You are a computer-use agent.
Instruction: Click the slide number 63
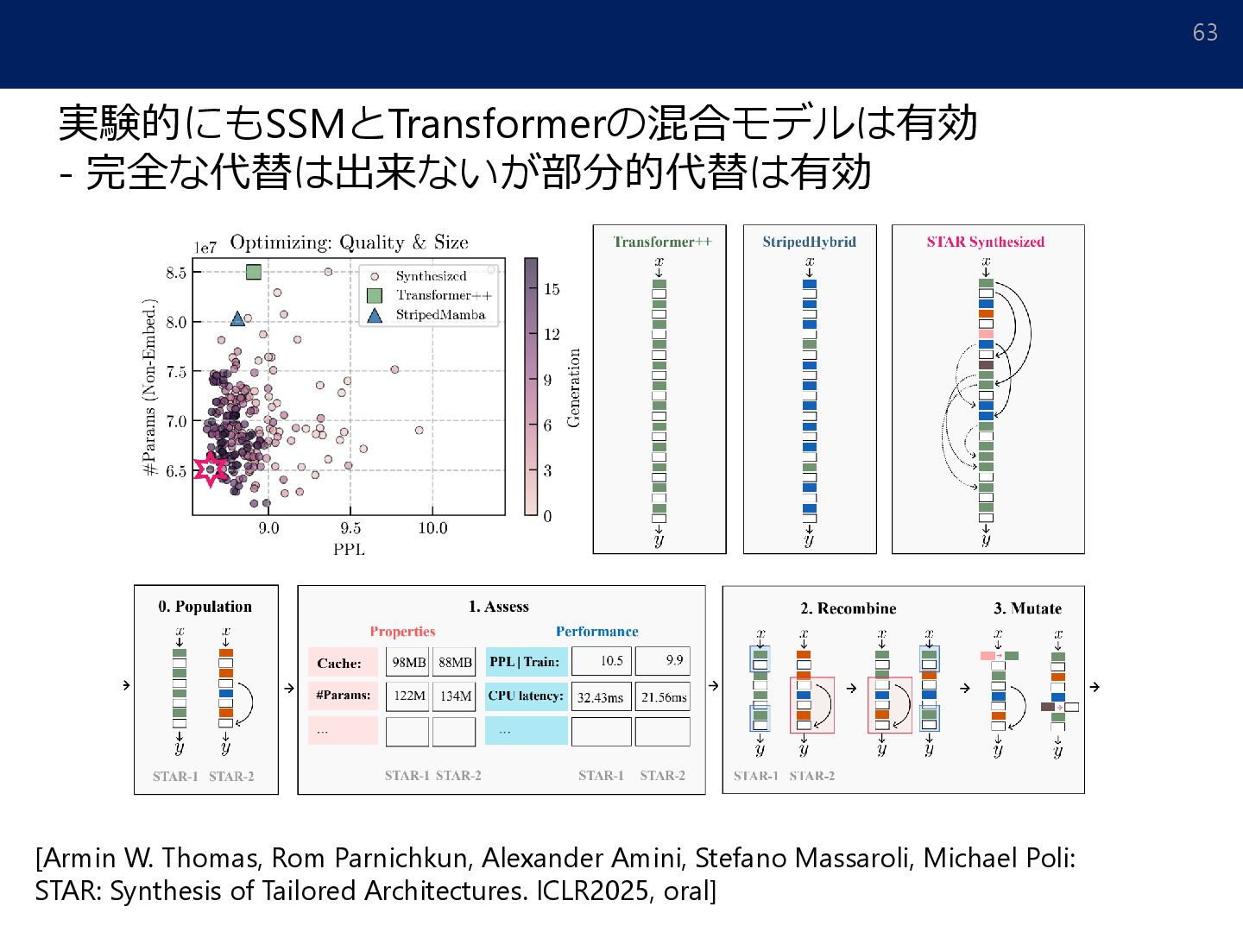1205,33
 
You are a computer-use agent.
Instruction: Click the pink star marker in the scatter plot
210,469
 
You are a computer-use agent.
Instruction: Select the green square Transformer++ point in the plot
253,272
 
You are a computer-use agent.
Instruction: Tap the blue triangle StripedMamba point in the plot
237,319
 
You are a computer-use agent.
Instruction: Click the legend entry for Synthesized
431,276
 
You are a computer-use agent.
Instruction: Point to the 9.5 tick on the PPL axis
350,528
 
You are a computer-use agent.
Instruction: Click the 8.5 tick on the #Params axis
176,273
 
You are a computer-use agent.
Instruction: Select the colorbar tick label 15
552,289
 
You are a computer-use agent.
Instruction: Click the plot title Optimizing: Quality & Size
349,242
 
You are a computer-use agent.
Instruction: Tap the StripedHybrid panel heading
809,242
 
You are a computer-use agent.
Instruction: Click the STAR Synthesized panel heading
985,242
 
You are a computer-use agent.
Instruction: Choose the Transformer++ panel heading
662,242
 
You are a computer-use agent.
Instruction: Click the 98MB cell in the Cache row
408,662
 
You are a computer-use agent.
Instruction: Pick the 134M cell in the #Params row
455,696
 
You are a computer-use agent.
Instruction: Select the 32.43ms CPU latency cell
600,697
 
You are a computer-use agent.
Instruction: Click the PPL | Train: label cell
525,662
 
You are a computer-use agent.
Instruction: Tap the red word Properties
402,632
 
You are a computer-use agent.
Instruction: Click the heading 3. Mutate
1027,608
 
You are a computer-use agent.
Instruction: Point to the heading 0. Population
205,607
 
